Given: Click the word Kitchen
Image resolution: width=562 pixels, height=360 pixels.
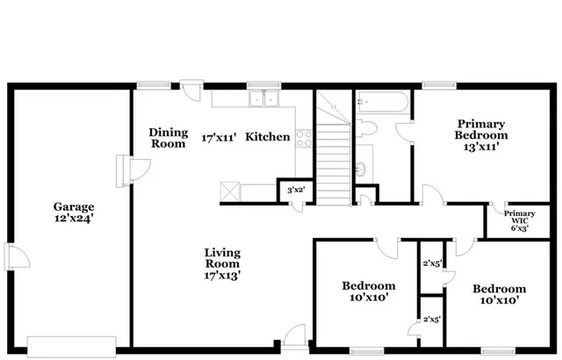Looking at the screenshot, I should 267,137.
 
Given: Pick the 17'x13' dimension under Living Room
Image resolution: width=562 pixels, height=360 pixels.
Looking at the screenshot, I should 222,275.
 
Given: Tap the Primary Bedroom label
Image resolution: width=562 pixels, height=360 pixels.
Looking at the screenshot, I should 480,130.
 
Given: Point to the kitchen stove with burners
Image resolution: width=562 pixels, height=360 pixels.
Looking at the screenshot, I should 304,137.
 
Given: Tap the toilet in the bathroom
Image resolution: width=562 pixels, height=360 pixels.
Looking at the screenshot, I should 369,129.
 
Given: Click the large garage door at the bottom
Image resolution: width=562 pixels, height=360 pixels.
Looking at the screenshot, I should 72,343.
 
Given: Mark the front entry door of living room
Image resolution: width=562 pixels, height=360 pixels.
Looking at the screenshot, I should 293,340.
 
